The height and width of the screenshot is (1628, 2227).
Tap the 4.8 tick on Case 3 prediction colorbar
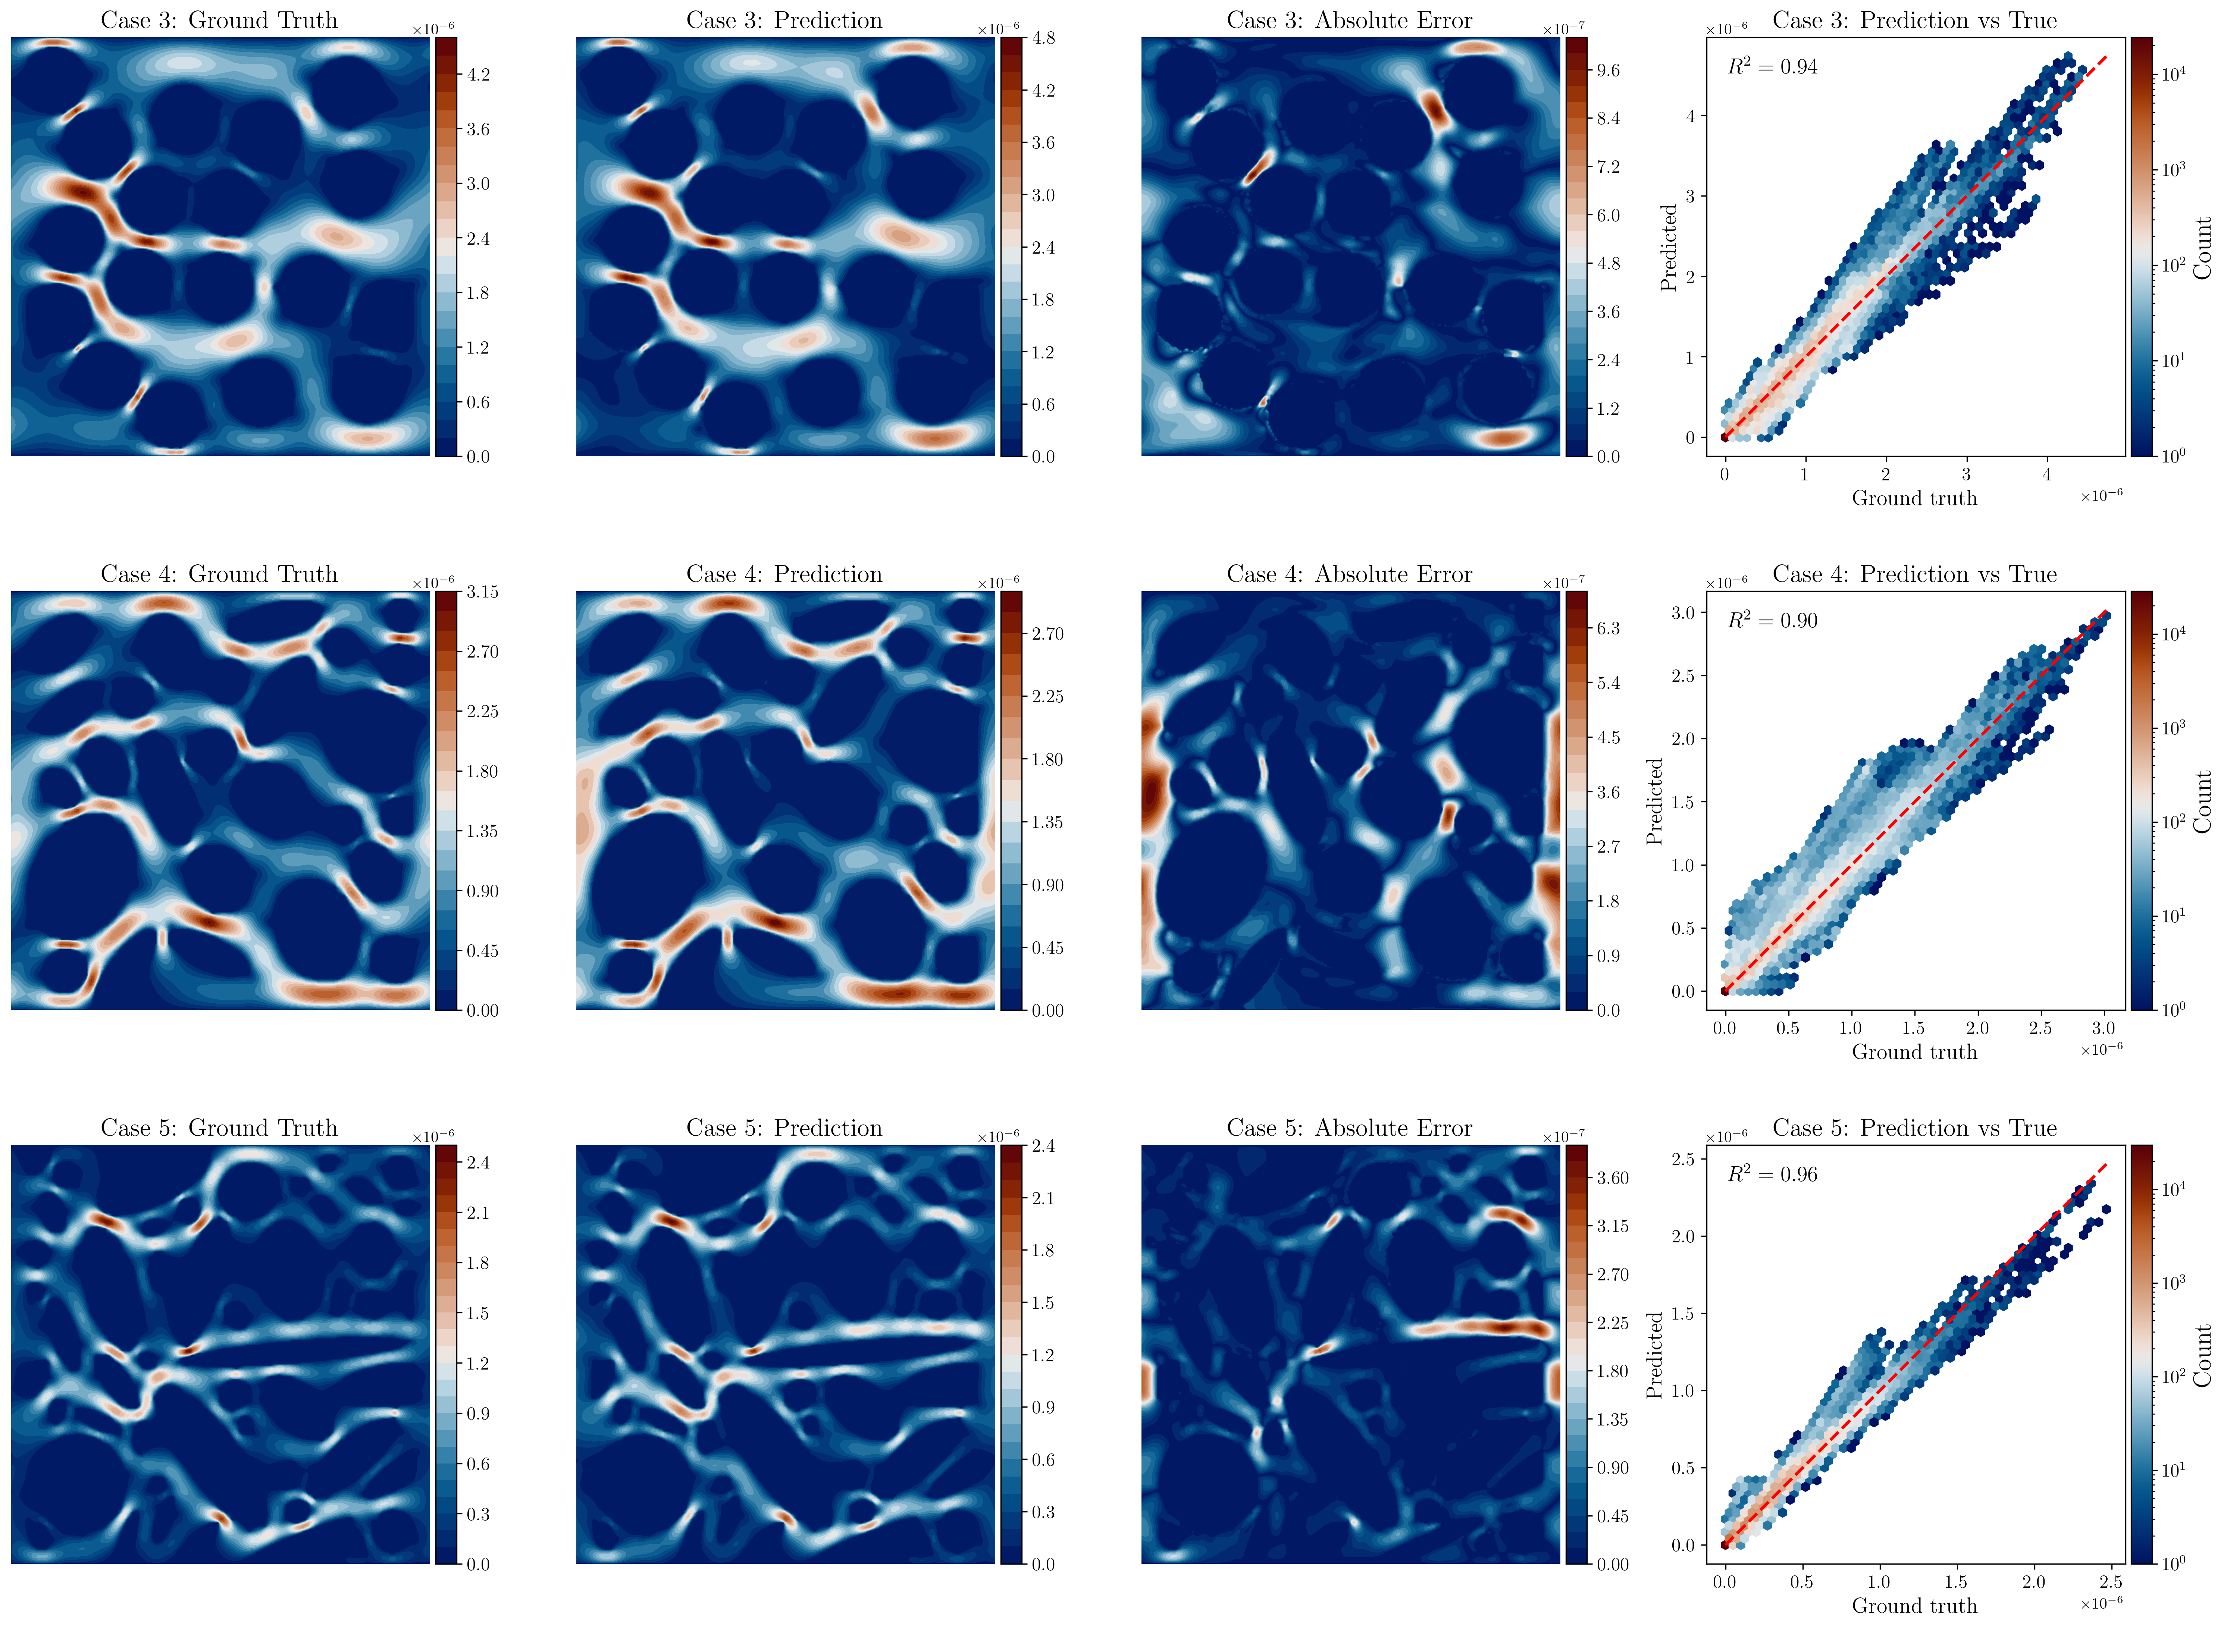tap(1043, 38)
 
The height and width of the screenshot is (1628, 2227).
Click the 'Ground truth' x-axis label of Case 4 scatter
tap(1914, 1053)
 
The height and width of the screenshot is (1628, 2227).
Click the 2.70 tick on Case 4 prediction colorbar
tap(1047, 634)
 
